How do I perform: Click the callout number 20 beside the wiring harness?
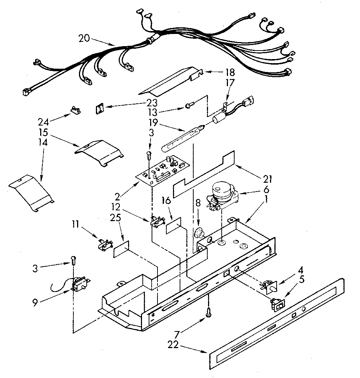pyautogui.click(x=84, y=38)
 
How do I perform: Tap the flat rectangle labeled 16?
pyautogui.click(x=174, y=226)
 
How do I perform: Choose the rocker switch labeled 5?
pyautogui.click(x=277, y=304)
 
